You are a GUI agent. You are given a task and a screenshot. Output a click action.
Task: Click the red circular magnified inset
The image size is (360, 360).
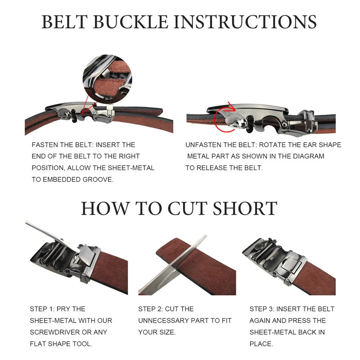point(107,79)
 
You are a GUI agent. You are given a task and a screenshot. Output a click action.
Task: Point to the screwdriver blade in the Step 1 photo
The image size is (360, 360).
point(49,231)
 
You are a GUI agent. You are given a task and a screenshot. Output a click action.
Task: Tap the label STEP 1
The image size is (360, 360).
point(42,309)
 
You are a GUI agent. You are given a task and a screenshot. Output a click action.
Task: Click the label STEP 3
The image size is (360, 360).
point(262,309)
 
